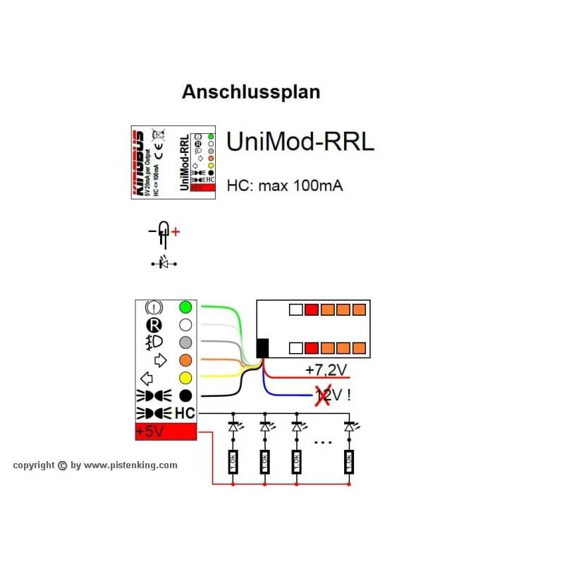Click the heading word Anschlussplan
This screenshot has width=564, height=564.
251,92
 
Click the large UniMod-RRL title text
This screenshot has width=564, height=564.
300,142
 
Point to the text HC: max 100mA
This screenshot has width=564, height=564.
285,186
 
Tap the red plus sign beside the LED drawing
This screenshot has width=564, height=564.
176,231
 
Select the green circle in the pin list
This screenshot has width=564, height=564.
185,307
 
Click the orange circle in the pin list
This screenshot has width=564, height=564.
185,360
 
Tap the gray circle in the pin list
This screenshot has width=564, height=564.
185,343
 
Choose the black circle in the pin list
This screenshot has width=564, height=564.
185,395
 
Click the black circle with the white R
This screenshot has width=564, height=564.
153,325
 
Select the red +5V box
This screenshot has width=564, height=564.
166,431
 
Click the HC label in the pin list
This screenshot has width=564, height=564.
185,413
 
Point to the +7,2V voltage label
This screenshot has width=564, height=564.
326,369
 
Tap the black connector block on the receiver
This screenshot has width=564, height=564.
262,348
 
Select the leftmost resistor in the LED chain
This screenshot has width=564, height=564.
233,462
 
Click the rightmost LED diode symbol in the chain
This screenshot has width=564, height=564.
348,427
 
